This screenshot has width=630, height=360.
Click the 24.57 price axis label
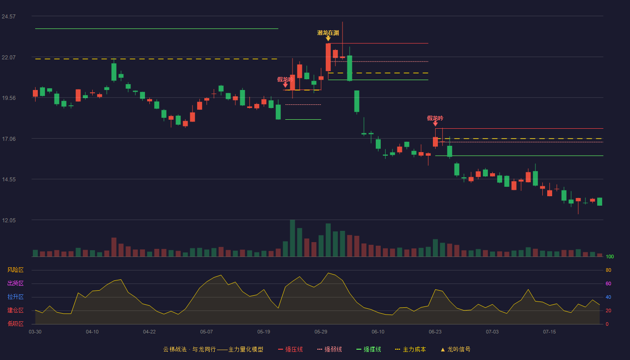[9, 17]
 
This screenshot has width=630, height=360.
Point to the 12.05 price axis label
[9, 220]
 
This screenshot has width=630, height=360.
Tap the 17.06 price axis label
[9, 139]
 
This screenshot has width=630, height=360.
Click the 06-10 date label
[378, 332]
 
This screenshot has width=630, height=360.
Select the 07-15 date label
[549, 332]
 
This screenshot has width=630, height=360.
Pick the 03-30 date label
[35, 332]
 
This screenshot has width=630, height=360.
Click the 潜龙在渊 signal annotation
[328, 33]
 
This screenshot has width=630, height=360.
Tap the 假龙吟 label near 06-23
[435, 118]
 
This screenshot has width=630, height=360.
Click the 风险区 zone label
[15, 270]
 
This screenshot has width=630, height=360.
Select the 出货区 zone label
[15, 283]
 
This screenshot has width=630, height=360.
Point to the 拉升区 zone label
[15, 297]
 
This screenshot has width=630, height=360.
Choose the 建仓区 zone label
[15, 310]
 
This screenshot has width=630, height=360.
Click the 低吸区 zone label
[15, 324]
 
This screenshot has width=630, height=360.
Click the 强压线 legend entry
[290, 349]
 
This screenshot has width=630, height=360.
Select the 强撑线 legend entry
[369, 349]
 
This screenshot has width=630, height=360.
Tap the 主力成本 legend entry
[410, 349]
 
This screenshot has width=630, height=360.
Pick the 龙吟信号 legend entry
[455, 349]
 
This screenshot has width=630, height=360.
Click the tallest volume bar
[292, 238]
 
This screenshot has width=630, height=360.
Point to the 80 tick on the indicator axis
[608, 270]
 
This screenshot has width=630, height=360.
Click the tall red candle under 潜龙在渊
[328, 57]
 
